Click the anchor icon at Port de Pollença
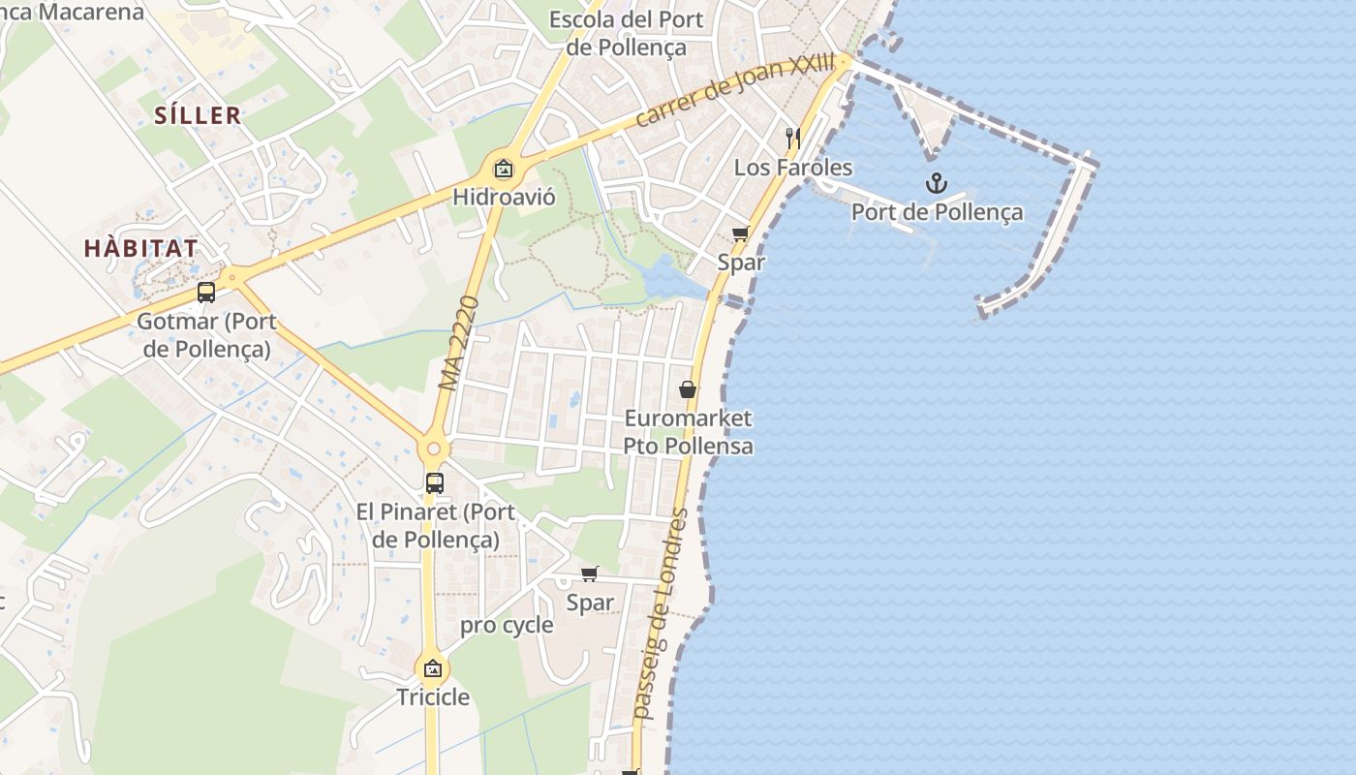pyautogui.click(x=936, y=183)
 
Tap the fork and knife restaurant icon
pyautogui.click(x=792, y=138)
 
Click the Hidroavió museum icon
pyautogui.click(x=503, y=170)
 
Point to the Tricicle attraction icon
pyautogui.click(x=432, y=668)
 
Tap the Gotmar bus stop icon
pyautogui.click(x=206, y=292)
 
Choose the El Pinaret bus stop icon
pyautogui.click(x=435, y=482)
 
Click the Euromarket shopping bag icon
pyautogui.click(x=688, y=389)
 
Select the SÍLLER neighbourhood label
pyautogui.click(x=198, y=115)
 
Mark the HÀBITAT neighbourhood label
pyautogui.click(x=140, y=248)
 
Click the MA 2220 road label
pyautogui.click(x=460, y=344)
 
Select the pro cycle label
pyautogui.click(x=507, y=625)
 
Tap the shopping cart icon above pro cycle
pyautogui.click(x=590, y=573)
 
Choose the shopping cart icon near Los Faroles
pyautogui.click(x=741, y=232)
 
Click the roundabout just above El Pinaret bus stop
pyautogui.click(x=433, y=449)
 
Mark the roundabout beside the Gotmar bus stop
pyautogui.click(x=231, y=276)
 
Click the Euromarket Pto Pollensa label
pyautogui.click(x=688, y=432)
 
